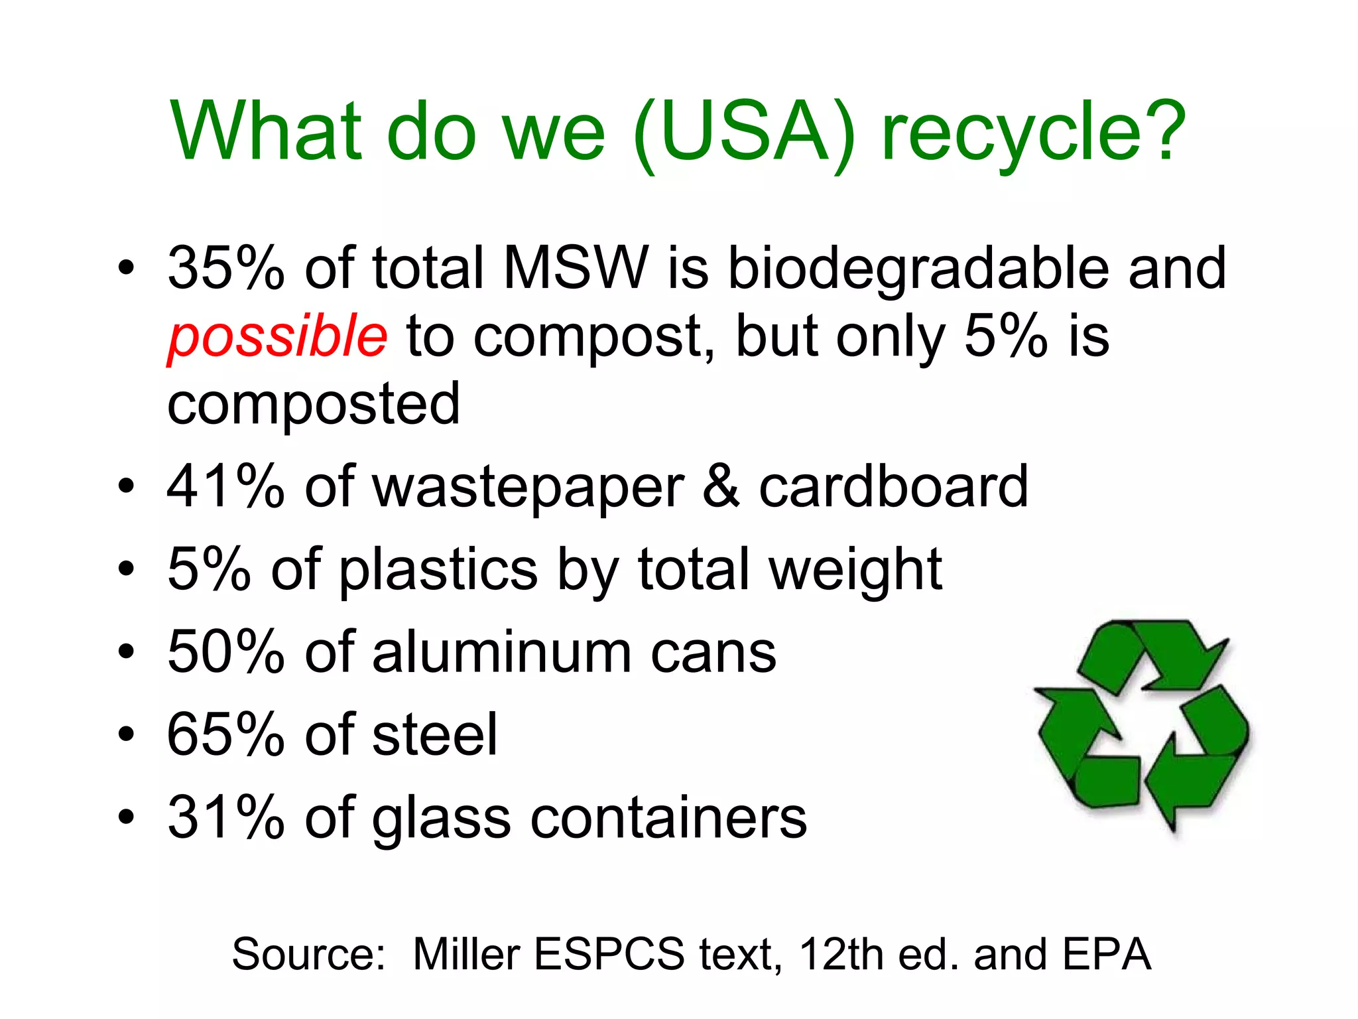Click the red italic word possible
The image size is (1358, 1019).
277,336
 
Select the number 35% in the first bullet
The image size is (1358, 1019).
225,268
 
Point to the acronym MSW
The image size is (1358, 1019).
576,268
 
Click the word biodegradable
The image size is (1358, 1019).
918,269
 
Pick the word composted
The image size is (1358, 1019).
313,405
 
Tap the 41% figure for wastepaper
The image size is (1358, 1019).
225,487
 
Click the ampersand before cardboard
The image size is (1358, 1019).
721,487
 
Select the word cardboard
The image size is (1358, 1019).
893,487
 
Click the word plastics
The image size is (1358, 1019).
438,571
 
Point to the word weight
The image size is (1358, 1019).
855,571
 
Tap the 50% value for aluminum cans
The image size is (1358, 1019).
225,653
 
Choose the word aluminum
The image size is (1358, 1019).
502,653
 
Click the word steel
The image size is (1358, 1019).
434,735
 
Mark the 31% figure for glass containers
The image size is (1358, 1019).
225,817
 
